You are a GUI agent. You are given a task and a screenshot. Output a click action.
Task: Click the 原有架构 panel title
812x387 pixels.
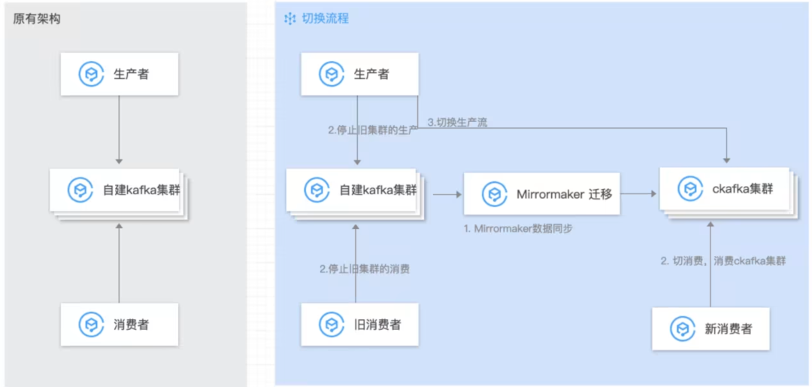point(37,19)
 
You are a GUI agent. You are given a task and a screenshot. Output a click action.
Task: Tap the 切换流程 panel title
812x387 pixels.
point(325,18)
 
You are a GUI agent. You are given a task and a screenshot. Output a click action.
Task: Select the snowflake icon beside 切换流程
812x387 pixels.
point(289,18)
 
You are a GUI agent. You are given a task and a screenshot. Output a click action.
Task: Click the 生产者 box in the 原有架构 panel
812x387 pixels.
point(120,74)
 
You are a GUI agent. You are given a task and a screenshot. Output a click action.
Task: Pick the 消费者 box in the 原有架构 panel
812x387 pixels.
point(120,325)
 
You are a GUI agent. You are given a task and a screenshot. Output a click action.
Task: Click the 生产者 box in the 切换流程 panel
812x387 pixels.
point(359,74)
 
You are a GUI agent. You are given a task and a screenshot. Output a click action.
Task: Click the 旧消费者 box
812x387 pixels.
point(359,325)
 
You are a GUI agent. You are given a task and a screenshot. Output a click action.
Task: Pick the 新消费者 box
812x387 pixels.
point(710,328)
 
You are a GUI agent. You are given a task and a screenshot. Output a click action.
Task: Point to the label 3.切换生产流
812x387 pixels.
point(457,122)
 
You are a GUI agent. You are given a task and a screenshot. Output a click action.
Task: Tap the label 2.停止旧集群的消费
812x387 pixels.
point(365,269)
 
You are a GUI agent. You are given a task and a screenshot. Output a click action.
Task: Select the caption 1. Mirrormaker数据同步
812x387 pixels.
point(517,227)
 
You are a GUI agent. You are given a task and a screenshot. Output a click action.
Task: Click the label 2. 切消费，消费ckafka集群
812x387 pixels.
point(723,261)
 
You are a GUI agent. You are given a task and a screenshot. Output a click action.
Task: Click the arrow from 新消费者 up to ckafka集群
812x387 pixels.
point(710,264)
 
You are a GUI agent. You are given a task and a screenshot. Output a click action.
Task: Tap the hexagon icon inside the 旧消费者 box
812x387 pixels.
point(331,325)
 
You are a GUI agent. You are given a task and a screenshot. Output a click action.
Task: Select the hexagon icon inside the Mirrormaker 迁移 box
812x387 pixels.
point(493,193)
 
